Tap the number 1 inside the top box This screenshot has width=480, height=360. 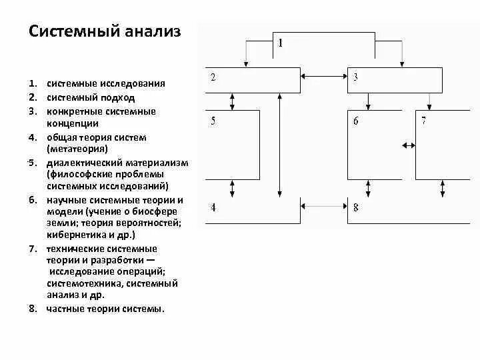[x=281, y=43]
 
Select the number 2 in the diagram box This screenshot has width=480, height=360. [x=213, y=77]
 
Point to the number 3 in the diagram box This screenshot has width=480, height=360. [x=355, y=77]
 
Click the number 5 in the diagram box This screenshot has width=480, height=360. [x=213, y=121]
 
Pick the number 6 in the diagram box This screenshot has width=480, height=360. [x=355, y=121]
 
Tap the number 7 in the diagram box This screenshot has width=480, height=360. [x=423, y=121]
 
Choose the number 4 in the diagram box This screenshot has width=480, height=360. [x=213, y=207]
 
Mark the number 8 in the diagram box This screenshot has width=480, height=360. [x=355, y=207]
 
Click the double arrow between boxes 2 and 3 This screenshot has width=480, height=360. [x=323, y=77]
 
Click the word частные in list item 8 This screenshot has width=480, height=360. [x=65, y=309]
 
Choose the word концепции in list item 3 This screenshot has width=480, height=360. [x=73, y=123]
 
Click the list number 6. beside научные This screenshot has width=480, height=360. [x=32, y=200]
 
